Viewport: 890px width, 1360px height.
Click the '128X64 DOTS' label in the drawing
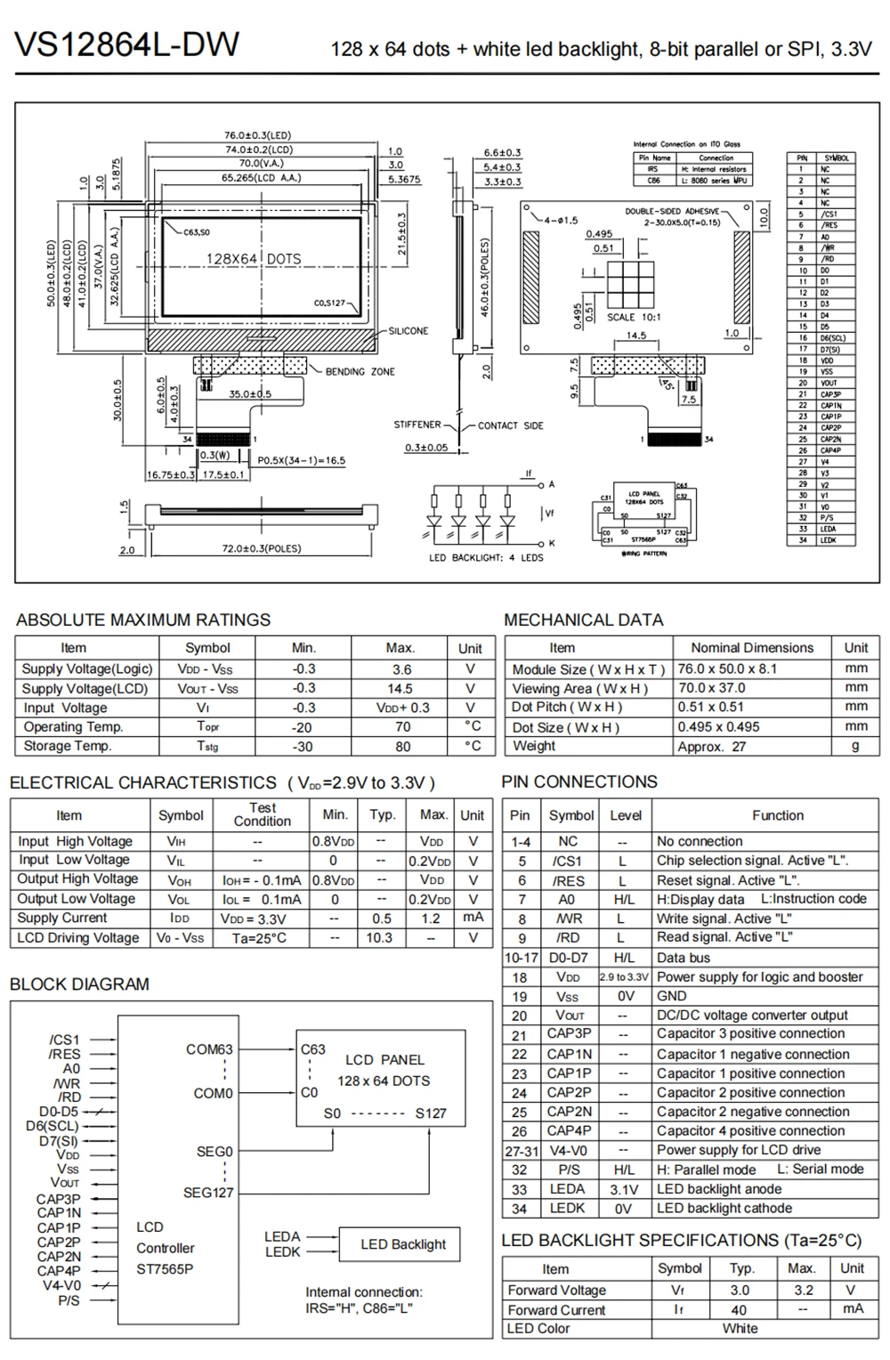[x=254, y=259]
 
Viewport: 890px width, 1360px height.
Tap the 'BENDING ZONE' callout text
[x=360, y=371]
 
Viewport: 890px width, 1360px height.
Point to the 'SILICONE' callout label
[x=408, y=331]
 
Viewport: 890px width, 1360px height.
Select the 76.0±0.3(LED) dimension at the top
[x=257, y=136]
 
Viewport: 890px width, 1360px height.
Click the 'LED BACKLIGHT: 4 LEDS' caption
[x=485, y=558]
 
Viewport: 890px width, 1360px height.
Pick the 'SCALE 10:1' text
[x=633, y=317]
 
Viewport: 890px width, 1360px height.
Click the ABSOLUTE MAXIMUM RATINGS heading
[x=143, y=620]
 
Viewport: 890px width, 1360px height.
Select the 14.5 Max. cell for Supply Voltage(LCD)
[x=400, y=688]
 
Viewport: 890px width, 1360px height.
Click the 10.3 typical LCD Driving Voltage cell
[x=379, y=937]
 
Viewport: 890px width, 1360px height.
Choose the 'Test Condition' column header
[x=262, y=814]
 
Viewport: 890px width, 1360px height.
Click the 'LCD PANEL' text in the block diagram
[x=384, y=1060]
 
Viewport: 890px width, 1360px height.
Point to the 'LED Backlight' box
[x=403, y=1244]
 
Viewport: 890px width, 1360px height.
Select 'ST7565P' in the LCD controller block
[x=165, y=1269]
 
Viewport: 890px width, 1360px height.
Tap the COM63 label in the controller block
[x=209, y=1049]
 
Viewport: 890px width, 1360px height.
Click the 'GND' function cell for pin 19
[x=671, y=996]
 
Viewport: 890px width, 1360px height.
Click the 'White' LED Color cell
[x=740, y=1328]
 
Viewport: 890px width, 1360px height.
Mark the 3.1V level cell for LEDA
[x=624, y=1189]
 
